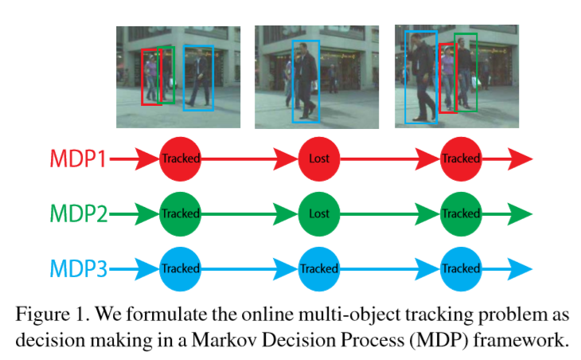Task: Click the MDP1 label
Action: coord(78,159)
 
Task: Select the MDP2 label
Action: coord(78,213)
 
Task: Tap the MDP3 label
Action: coord(78,268)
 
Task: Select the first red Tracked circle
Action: coord(181,159)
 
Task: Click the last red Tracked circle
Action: coord(461,159)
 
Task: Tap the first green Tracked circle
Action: coord(181,213)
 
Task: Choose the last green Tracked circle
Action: coord(461,213)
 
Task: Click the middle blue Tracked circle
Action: coord(319,268)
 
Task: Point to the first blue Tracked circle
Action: coord(181,268)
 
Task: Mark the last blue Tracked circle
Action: coord(461,268)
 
